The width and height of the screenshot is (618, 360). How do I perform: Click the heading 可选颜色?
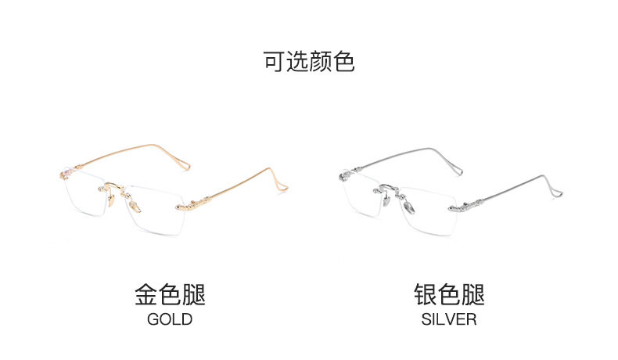click(309, 62)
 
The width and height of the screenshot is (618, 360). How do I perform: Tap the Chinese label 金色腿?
click(170, 295)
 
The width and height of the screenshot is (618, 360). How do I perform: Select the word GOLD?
click(170, 319)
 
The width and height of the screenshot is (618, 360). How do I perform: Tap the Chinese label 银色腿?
click(449, 295)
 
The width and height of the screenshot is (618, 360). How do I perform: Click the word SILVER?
click(449, 319)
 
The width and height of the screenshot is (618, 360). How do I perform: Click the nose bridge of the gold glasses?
click(114, 185)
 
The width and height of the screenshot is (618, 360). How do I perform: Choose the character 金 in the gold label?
click(146, 295)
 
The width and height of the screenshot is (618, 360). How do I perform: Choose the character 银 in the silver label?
click(426, 295)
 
